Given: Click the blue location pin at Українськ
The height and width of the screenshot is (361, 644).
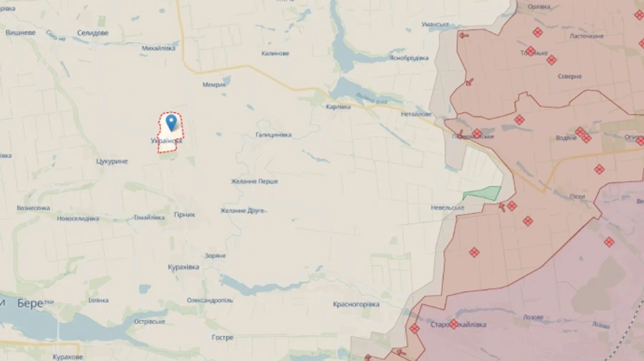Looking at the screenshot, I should pyautogui.click(x=171, y=122).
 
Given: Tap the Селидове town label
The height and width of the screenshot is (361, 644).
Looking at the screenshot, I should pyautogui.click(x=93, y=33).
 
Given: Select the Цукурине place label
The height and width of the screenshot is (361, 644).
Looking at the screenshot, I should pyautogui.click(x=112, y=161).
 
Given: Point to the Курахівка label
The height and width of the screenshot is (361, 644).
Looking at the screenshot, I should pyautogui.click(x=182, y=267).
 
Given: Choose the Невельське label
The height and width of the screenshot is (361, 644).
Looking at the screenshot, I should pyautogui.click(x=447, y=207).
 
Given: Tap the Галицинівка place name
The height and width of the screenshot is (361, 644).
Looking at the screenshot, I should pyautogui.click(x=273, y=134).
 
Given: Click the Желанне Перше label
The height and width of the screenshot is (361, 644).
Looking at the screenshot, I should pyautogui.click(x=254, y=181).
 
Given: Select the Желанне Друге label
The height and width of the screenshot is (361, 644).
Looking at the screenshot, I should pyautogui.click(x=242, y=210).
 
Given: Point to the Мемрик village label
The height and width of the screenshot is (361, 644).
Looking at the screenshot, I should pyautogui.click(x=214, y=84).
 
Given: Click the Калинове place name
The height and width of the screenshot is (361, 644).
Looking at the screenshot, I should pyautogui.click(x=275, y=54).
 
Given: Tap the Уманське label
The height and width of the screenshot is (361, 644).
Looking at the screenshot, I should pyautogui.click(x=435, y=24).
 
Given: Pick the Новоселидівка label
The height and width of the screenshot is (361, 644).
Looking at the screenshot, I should pyautogui.click(x=78, y=218).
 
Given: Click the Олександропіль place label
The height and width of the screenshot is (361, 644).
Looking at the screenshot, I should pyautogui.click(x=210, y=300).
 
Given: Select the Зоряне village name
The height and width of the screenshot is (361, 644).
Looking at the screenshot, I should pyautogui.click(x=215, y=255).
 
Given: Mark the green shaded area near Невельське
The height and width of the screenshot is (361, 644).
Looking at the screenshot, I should pyautogui.click(x=483, y=193).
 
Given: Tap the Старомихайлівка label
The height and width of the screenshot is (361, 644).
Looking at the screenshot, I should pyautogui.click(x=458, y=325).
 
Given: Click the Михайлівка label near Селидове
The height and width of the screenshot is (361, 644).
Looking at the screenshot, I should pyautogui.click(x=158, y=48).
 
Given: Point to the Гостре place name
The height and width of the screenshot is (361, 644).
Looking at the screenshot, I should pyautogui.click(x=223, y=337).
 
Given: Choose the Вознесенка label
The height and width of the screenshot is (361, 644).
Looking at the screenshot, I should pyautogui.click(x=34, y=208).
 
